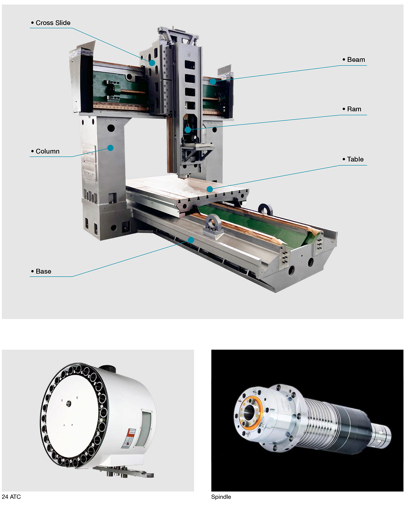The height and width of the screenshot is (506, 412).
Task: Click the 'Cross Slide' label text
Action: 53,23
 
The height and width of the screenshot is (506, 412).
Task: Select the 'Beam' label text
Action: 356,60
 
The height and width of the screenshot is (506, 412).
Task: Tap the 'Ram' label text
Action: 354,109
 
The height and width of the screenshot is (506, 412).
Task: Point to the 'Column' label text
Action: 47,151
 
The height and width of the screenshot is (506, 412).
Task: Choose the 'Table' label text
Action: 355,159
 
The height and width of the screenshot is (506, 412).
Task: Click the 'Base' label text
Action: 44,271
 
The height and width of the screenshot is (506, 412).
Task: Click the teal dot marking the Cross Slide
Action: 152,63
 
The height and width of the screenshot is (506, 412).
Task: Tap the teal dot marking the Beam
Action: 213,82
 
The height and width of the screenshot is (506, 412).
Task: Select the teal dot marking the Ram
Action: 187,130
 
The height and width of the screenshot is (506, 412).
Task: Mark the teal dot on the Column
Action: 110,148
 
